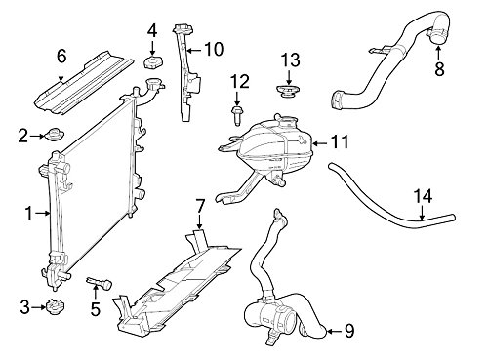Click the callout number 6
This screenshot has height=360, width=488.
[61, 57]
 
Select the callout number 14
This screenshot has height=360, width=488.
[423, 196]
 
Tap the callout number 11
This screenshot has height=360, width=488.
[340, 141]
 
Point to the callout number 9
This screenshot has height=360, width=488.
[349, 332]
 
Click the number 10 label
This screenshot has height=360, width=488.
[214, 49]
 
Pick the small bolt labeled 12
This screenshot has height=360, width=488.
[236, 116]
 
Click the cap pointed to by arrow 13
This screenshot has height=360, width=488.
[288, 91]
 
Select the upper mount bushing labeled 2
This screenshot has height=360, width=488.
[55, 135]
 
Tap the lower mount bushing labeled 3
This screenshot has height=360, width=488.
[55, 307]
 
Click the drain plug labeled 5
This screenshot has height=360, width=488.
[100, 283]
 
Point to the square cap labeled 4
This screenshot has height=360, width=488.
[153, 62]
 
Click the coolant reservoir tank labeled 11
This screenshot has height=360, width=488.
[266, 153]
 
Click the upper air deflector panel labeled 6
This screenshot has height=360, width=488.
[85, 85]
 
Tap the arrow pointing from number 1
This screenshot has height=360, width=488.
[43, 213]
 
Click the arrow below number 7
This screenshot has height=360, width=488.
[199, 222]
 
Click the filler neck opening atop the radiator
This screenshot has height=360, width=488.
[153, 84]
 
